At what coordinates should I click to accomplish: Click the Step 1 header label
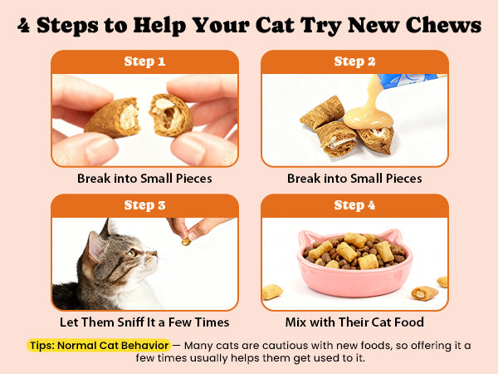(144, 62)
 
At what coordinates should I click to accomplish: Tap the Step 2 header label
(354, 62)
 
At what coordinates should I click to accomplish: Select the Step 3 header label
(144, 205)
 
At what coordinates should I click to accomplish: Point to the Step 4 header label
(354, 205)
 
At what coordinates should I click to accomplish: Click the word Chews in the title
(444, 25)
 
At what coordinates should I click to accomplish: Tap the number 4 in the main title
(23, 26)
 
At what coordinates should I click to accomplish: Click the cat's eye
(131, 253)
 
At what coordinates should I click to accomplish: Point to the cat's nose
(154, 253)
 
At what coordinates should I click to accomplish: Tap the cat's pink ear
(95, 247)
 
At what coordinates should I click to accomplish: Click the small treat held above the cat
(186, 242)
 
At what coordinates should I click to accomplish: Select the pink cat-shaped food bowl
(354, 264)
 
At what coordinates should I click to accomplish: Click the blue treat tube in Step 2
(410, 81)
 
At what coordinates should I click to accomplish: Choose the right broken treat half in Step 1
(171, 115)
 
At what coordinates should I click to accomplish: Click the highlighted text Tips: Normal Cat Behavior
(99, 346)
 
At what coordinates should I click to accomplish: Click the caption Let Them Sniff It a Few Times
(144, 322)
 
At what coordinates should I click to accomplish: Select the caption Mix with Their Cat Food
(354, 322)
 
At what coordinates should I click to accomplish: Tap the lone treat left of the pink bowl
(272, 292)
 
